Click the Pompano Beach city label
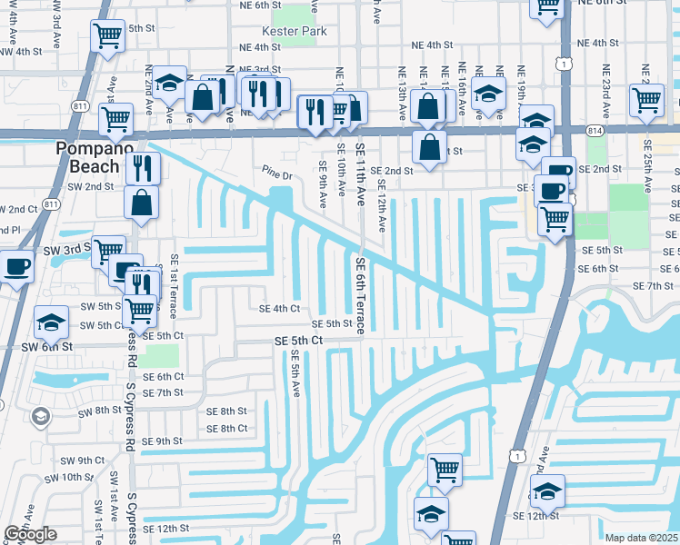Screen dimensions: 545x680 point(87,157)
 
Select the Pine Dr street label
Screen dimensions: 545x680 point(279,171)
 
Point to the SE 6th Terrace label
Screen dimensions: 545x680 point(360,294)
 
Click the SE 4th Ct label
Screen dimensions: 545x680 point(279,309)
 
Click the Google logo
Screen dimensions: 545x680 point(30,533)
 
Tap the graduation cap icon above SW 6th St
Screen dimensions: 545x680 point(51,321)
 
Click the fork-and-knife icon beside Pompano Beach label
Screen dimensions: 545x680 point(143,167)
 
